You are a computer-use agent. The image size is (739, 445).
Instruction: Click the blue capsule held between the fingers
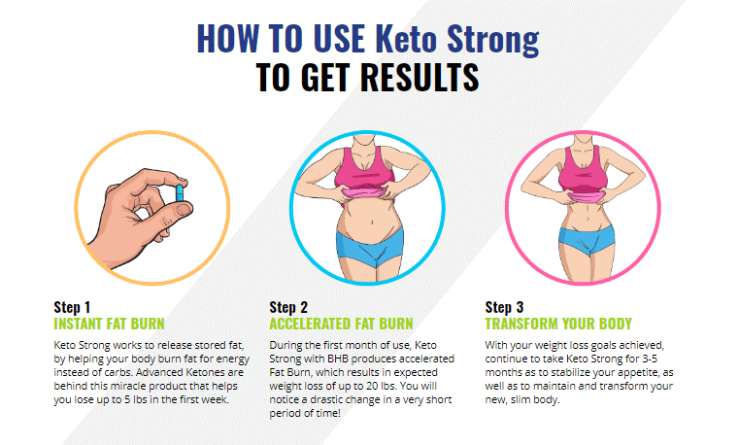(x=180, y=192)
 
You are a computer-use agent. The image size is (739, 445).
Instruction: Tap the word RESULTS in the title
(x=420, y=78)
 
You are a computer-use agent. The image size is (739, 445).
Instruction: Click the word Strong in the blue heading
(x=493, y=39)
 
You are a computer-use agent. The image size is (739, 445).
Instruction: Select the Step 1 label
(x=72, y=307)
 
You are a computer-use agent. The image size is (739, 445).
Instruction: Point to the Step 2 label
(x=288, y=307)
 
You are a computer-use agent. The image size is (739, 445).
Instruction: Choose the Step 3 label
(x=504, y=307)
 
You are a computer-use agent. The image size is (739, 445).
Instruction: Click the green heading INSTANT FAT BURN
(x=109, y=324)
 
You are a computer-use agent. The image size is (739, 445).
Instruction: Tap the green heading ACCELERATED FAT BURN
(x=341, y=324)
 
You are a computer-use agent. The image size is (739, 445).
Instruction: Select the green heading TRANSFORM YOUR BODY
(x=558, y=324)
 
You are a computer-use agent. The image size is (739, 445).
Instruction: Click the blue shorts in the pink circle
(x=587, y=239)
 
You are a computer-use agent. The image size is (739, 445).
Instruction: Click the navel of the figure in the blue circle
(x=372, y=222)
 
